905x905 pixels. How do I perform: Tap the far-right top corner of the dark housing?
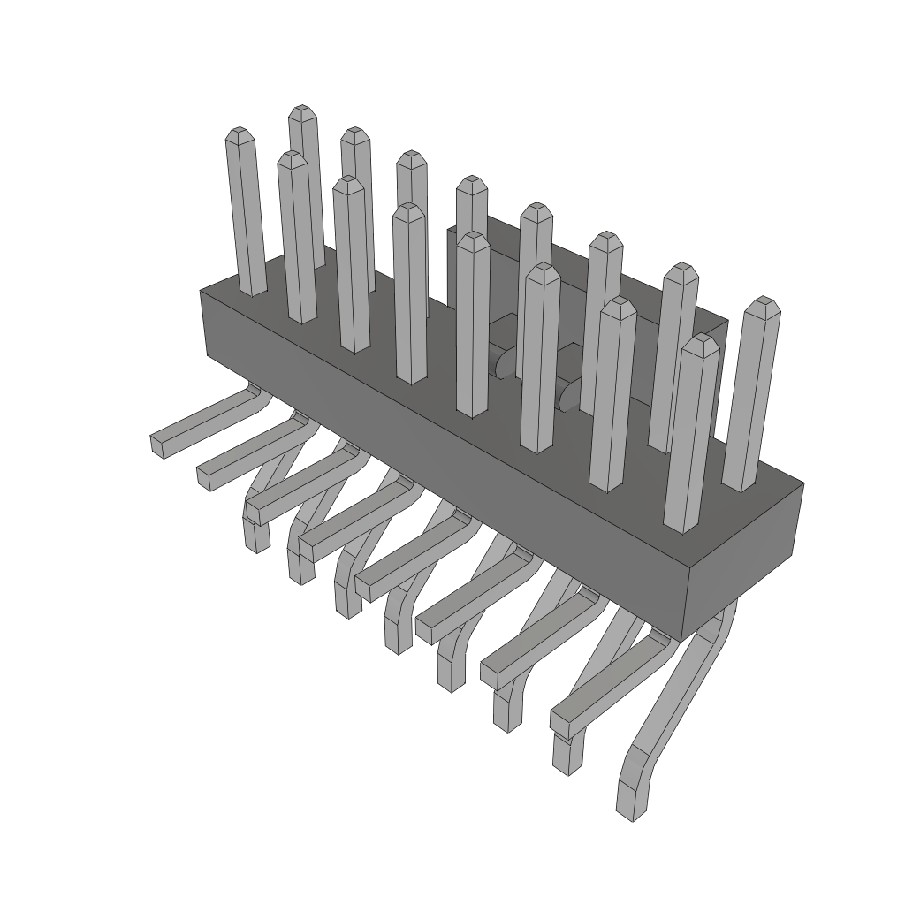pyautogui.click(x=803, y=483)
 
